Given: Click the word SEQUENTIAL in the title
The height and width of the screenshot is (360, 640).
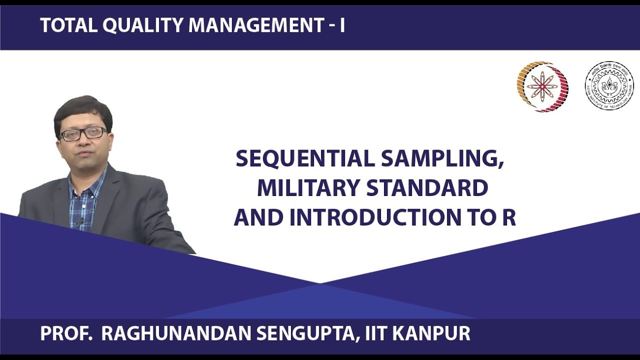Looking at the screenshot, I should click(305, 159).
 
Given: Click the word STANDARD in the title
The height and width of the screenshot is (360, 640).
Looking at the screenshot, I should click(427, 188).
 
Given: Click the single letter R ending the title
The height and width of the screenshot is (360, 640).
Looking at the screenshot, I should click(509, 217).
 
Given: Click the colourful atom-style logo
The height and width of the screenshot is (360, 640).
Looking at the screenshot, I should click(542, 86).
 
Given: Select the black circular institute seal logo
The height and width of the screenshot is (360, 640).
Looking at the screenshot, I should click(608, 86).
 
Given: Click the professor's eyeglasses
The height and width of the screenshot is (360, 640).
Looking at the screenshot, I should click(83, 133).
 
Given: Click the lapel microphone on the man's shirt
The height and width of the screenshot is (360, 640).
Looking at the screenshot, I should click(81, 220).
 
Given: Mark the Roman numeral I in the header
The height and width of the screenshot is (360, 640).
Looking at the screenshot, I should click(342, 25).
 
